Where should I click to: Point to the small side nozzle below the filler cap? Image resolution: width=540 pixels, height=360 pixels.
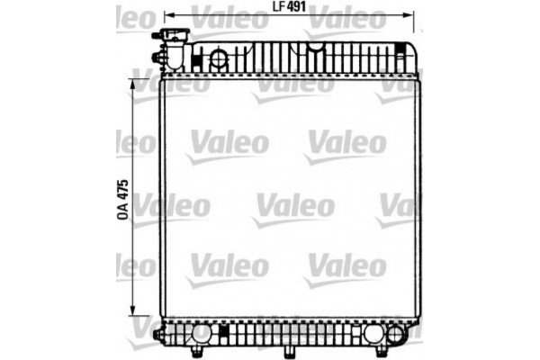click(x=158, y=59)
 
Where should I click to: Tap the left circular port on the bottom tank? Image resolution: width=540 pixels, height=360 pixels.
click(x=201, y=334)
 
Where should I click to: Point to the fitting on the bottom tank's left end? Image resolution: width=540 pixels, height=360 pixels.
click(x=158, y=336)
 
